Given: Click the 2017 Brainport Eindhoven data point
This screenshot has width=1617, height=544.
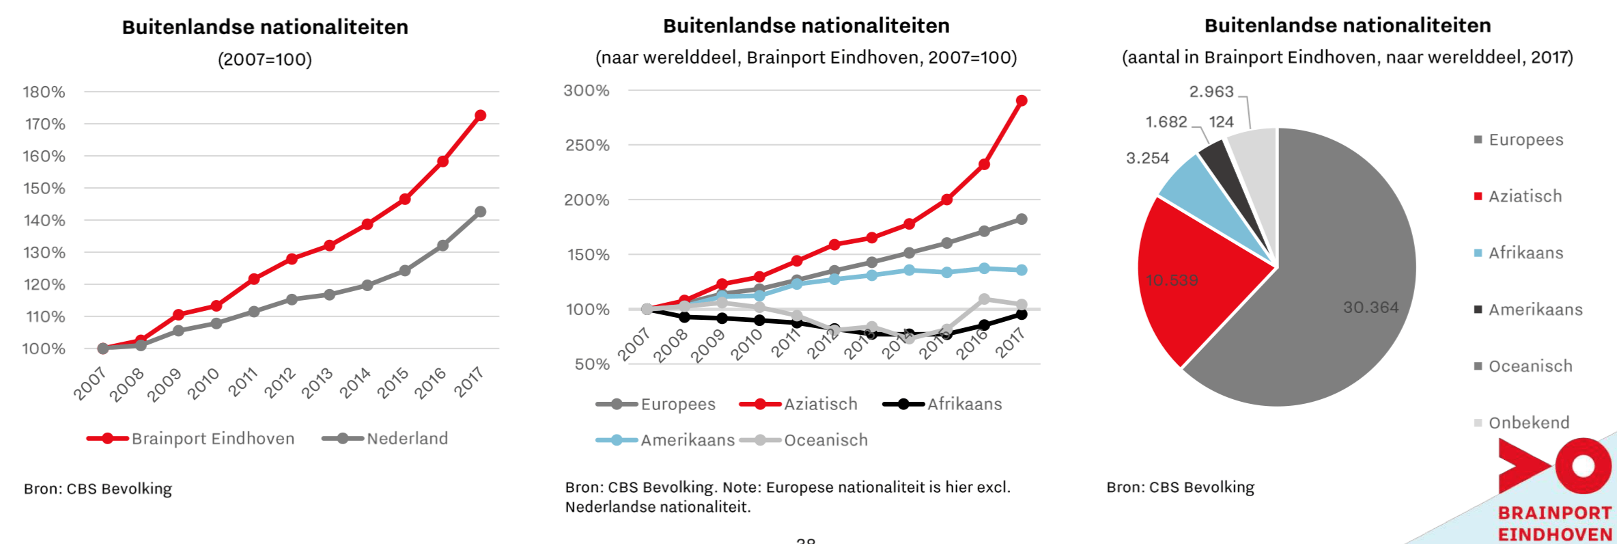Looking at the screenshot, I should point(480,115).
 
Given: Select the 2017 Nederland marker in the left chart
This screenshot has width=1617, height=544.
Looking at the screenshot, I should point(480,212).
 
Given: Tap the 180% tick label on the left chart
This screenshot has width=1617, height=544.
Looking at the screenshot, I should point(44,92).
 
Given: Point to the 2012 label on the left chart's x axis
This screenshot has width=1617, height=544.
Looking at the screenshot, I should point(280,383).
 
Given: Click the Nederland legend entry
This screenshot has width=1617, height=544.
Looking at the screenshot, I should point(407,439).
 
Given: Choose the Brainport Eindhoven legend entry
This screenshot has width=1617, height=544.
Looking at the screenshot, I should point(212,439).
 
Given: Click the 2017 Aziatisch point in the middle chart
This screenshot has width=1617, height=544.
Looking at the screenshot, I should point(1022,101).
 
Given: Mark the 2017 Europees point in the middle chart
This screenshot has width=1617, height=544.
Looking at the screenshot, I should point(1022,219).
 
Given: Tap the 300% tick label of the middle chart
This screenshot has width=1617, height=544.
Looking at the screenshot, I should point(587,91).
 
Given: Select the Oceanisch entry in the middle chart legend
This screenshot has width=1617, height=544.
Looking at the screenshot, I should point(826,441).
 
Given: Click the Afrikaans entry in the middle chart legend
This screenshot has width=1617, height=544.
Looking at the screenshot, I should point(964,405).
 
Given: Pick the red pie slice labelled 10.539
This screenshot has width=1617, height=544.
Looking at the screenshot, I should point(1188,287).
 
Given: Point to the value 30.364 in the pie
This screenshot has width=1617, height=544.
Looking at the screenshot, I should point(1370,308).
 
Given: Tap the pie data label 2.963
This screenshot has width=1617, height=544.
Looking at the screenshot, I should point(1211,92).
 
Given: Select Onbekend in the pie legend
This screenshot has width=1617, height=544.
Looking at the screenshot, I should point(1529,423).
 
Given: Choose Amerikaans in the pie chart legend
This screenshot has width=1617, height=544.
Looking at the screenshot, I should point(1535,310).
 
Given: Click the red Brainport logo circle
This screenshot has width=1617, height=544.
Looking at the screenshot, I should point(1583,466).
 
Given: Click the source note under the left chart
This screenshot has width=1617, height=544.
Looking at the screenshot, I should point(98,489).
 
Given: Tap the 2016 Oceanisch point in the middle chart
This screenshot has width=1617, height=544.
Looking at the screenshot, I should point(984,299).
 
